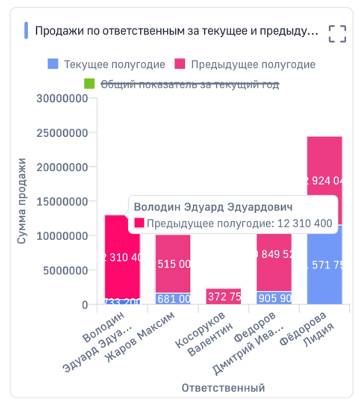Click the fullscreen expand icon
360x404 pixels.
tap(337, 34)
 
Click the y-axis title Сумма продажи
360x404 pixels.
tap(22, 201)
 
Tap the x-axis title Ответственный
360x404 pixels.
tap(223, 388)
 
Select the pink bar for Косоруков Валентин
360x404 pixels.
tap(224, 296)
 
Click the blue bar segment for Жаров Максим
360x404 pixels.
tap(173, 299)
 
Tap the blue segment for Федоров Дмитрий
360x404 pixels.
tap(274, 298)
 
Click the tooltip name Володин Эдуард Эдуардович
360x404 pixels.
tap(213, 207)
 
